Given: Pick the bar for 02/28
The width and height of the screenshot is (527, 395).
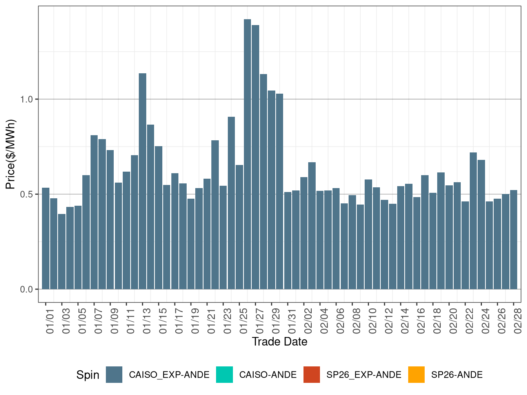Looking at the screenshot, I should coord(514,239).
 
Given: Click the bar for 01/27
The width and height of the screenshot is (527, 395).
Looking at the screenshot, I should coord(256,157).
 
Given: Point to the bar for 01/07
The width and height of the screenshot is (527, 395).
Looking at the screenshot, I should coord(94,212).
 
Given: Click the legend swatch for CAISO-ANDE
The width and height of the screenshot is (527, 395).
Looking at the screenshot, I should coord(224,375).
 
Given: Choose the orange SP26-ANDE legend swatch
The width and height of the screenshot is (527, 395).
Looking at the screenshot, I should coord(416,375).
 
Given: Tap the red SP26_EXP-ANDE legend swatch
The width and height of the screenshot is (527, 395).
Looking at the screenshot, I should coord(312,375).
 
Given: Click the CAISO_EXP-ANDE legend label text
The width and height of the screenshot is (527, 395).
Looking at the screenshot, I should coord(169,375).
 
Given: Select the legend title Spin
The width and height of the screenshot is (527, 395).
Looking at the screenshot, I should coord(88,375).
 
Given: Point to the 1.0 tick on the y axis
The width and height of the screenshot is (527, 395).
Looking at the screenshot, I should coord(27,99).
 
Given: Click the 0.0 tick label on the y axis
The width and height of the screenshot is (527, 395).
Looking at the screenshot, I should coord(27,289).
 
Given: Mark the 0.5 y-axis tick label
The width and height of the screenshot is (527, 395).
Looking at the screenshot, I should coord(27,194).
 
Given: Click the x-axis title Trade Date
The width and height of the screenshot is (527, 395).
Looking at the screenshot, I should coord(280,342).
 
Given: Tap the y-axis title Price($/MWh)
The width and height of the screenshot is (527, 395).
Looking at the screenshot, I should coord(10,154).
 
